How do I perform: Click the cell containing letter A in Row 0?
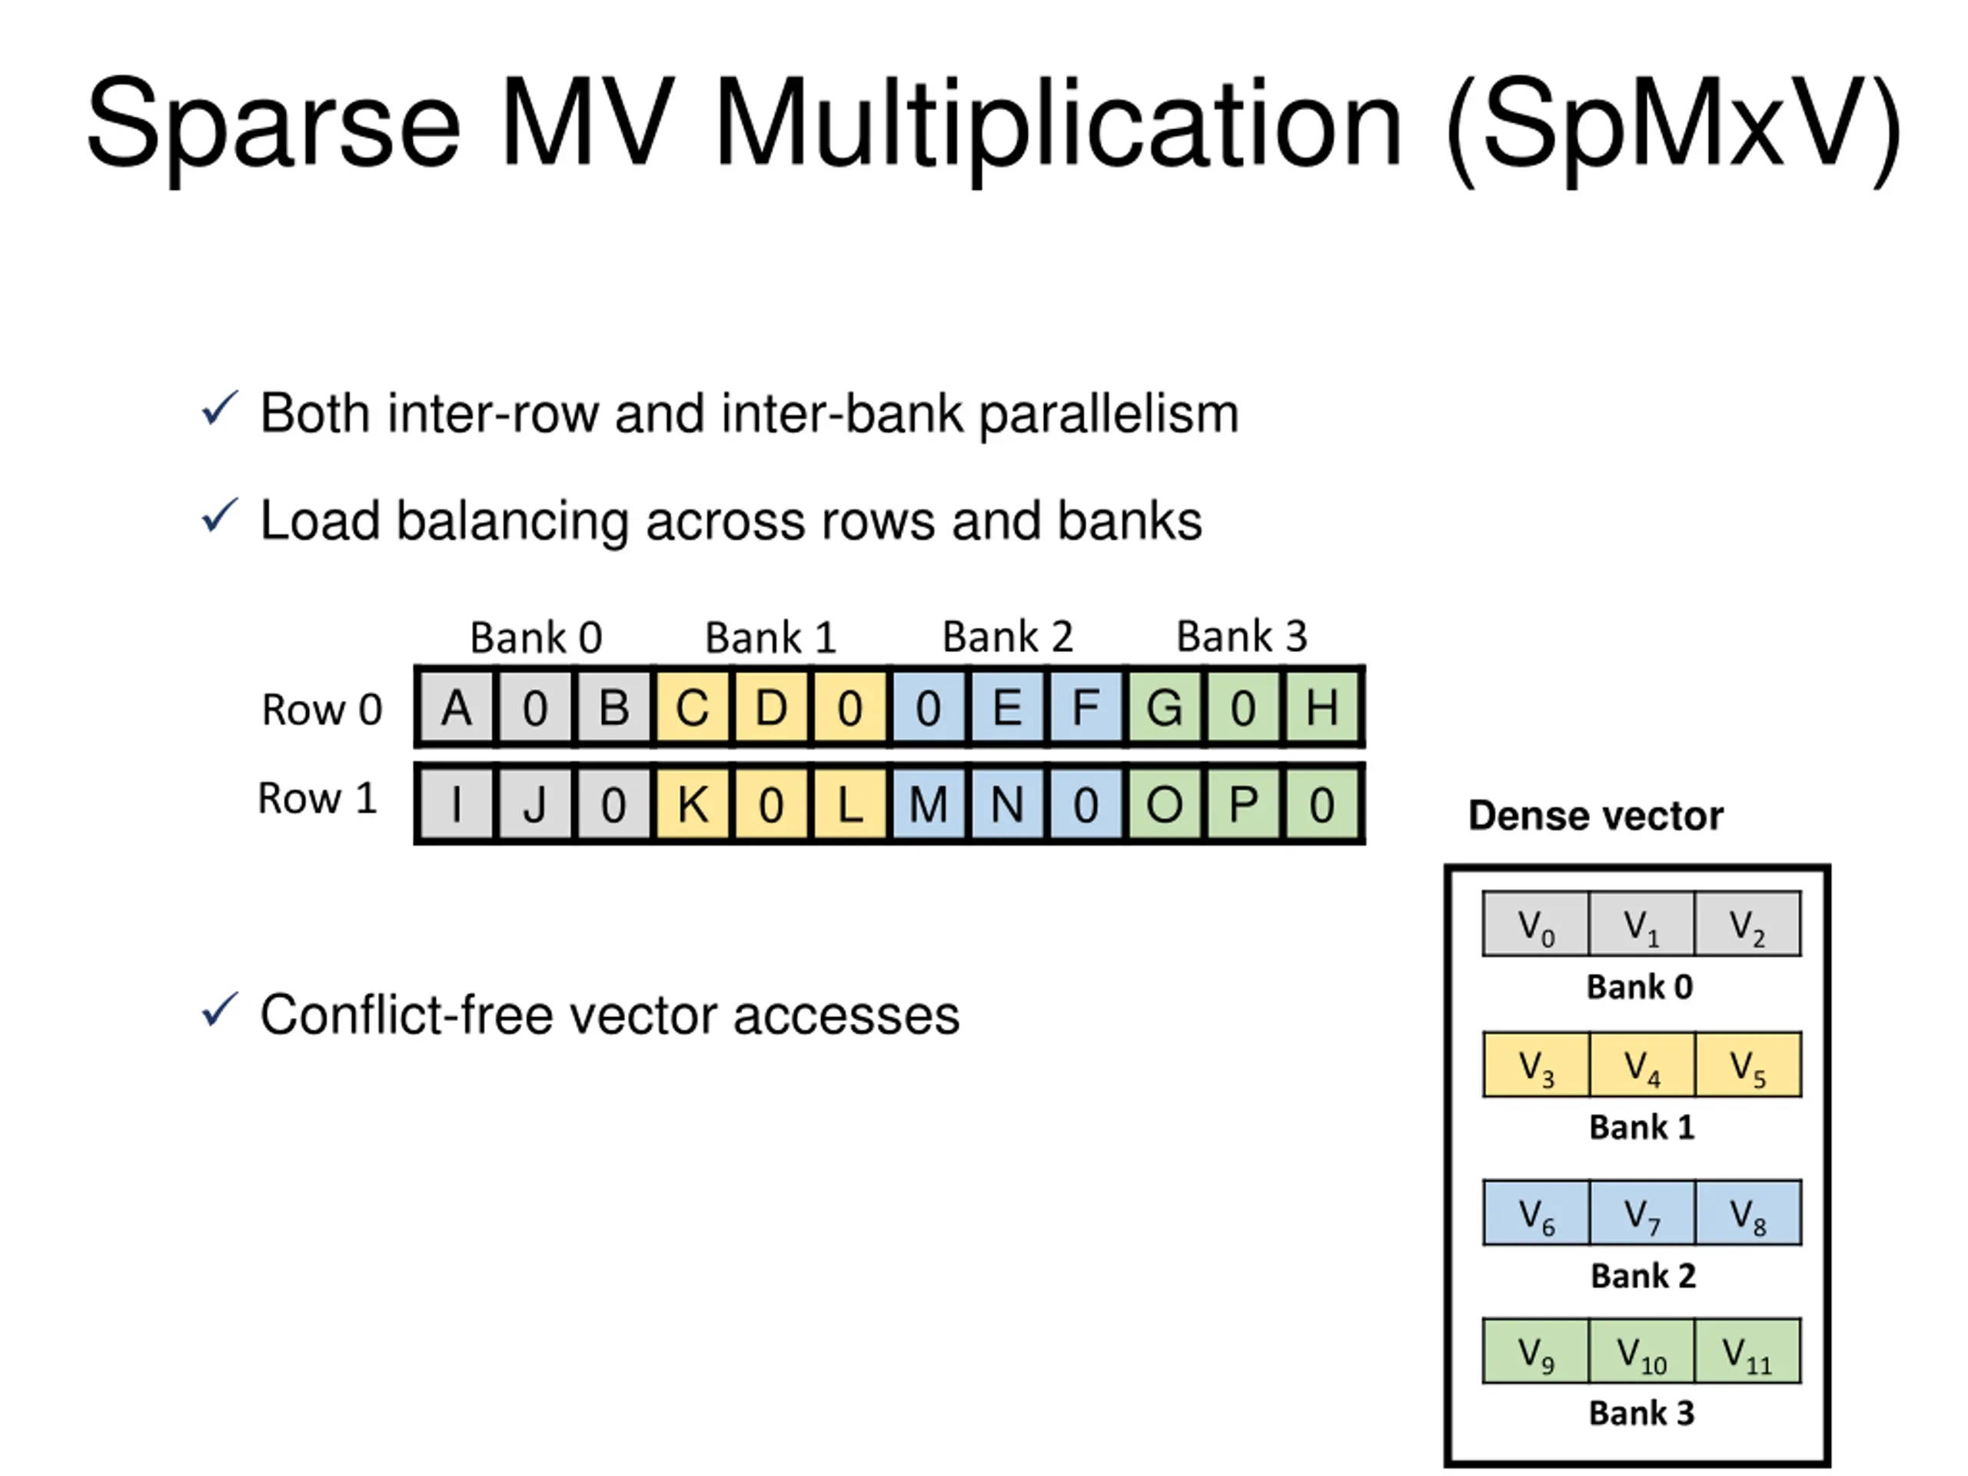pyautogui.click(x=457, y=708)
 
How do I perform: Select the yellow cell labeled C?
pyautogui.click(x=692, y=708)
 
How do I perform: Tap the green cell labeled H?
pyautogui.click(x=1321, y=708)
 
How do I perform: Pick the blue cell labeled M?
pyautogui.click(x=928, y=804)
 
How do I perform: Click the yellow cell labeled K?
pyautogui.click(x=692, y=804)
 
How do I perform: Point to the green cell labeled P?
pyautogui.click(x=1243, y=804)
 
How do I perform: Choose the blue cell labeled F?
pyautogui.click(x=1085, y=708)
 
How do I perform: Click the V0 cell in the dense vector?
pyautogui.click(x=1536, y=924)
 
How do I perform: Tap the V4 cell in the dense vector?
pyautogui.click(x=1641, y=1065)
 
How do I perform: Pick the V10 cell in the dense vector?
pyautogui.click(x=1641, y=1352)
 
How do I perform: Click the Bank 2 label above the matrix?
pyautogui.click(x=1007, y=637)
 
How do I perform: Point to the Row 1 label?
pyautogui.click(x=317, y=798)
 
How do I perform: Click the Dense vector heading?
pyautogui.click(x=1595, y=816)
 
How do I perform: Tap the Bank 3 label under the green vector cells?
pyautogui.click(x=1641, y=1413)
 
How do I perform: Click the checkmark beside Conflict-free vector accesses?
pyautogui.click(x=220, y=1011)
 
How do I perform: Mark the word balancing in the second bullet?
pyautogui.click(x=513, y=521)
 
